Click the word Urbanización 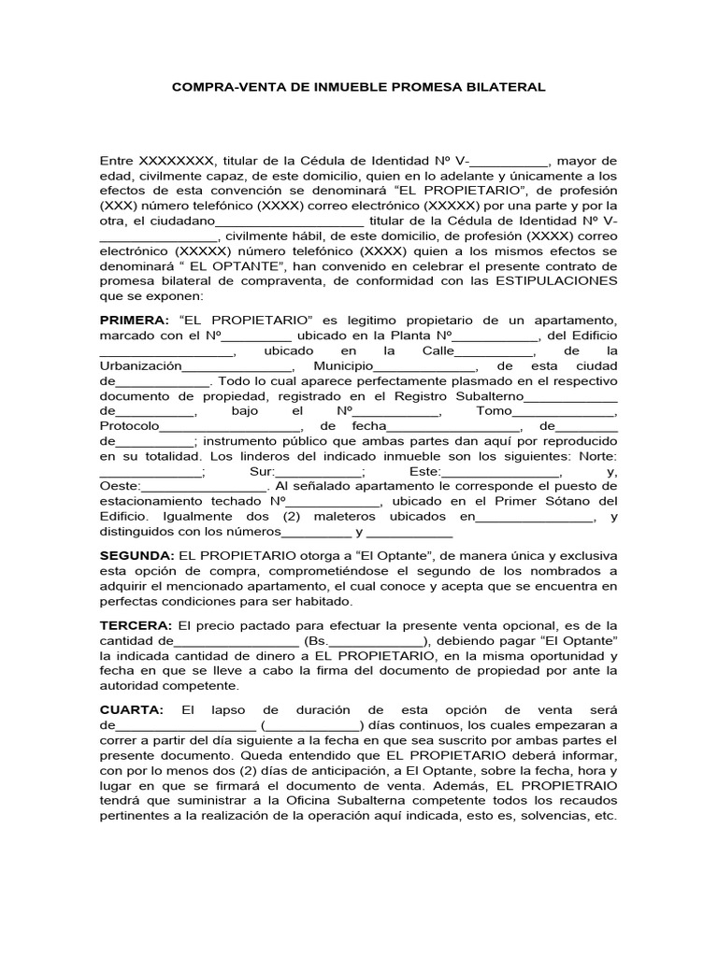tap(140, 365)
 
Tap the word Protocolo tap(130, 426)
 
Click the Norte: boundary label tap(596, 456)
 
